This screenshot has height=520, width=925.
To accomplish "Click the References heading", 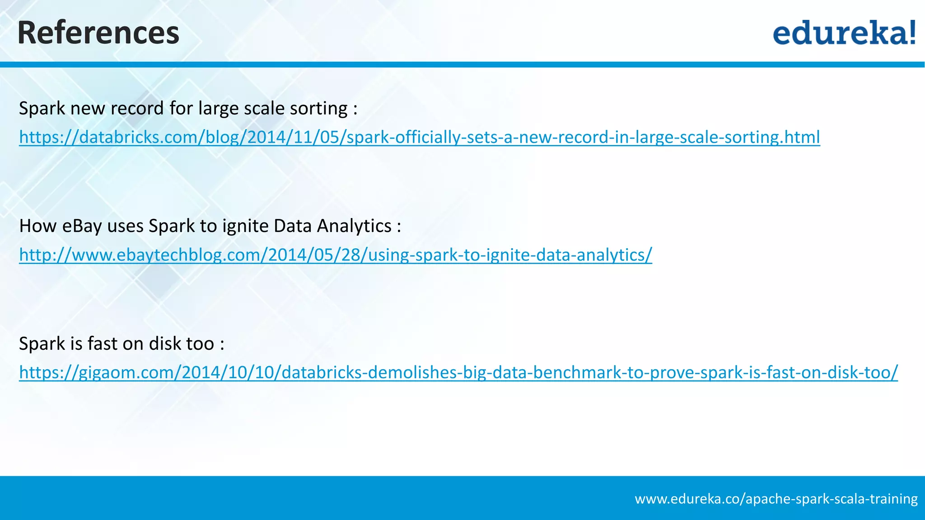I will pos(98,33).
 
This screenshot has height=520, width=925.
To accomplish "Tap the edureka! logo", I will pos(844,32).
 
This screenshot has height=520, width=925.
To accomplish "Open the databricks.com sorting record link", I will pos(419,137).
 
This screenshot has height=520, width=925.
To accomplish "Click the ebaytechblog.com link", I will pos(335,255).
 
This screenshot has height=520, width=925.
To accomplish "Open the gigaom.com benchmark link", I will pos(458,372).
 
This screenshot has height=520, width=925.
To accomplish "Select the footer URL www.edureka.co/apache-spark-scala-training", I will pos(776,499).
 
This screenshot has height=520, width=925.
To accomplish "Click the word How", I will pos(37,226).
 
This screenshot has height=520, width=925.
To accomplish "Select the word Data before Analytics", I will pos(292,226).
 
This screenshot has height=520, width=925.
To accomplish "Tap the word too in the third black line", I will pos(198,344).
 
